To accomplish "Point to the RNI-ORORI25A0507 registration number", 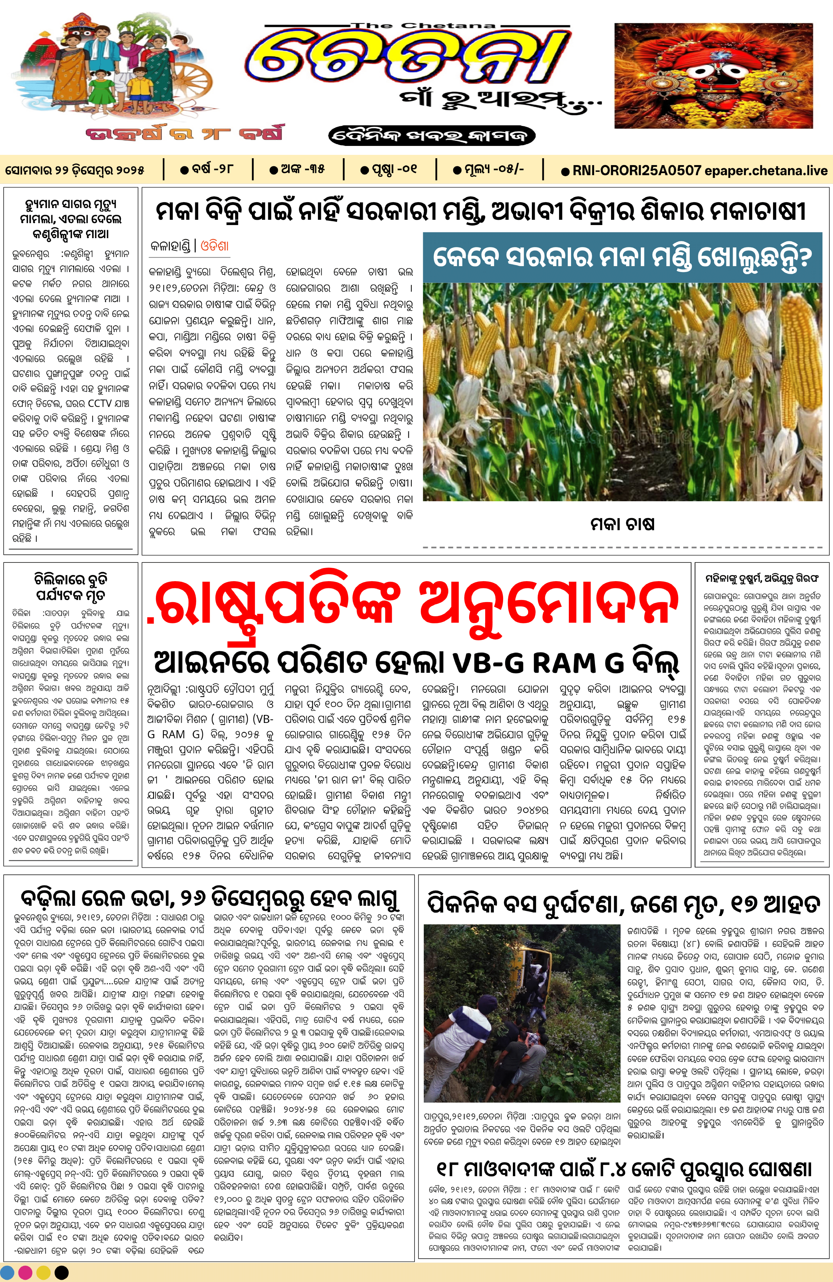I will pos(636,171).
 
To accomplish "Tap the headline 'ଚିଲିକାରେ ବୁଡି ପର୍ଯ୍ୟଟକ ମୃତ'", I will pos(71,587).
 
